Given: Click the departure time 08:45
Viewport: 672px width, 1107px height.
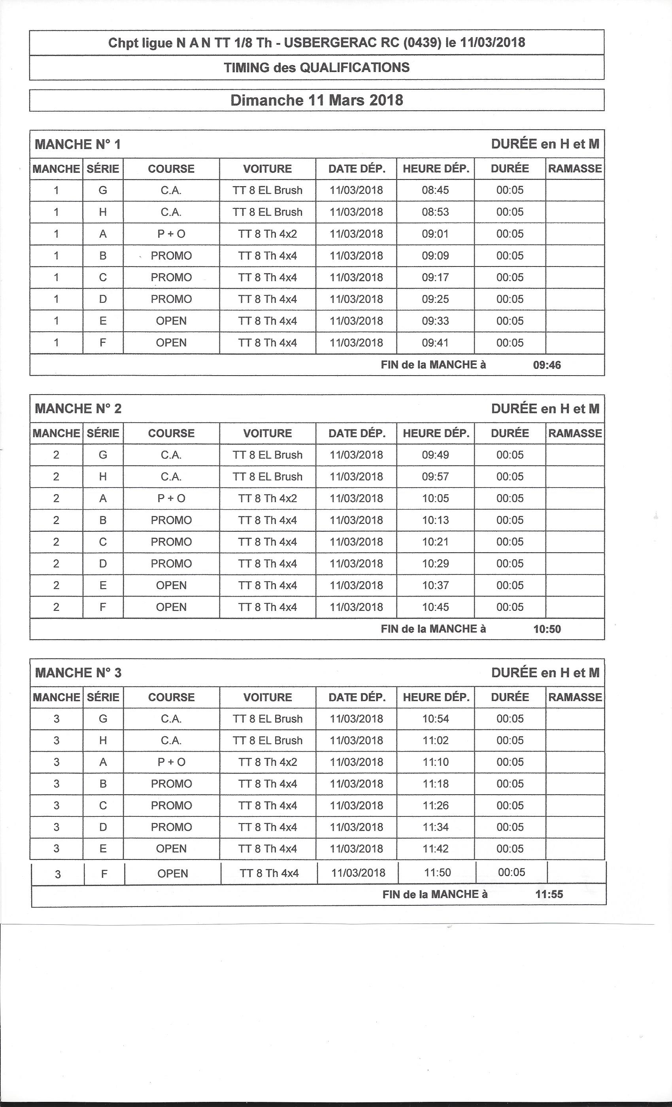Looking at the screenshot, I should click(435, 190).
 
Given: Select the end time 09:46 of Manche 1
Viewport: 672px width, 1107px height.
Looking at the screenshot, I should click(547, 365).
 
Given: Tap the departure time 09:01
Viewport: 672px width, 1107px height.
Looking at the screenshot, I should click(435, 234).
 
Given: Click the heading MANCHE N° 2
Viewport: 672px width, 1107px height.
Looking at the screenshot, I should click(78, 408).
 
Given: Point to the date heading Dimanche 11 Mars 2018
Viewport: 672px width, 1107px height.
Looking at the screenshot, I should click(316, 100).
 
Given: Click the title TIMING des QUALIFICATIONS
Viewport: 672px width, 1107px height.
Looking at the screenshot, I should click(316, 67).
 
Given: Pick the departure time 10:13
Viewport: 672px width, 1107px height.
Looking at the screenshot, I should click(435, 520).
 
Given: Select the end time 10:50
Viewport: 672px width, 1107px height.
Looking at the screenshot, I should click(547, 629).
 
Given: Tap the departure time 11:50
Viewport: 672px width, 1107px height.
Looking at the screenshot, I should click(437, 873).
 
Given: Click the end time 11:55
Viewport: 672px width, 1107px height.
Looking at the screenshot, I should click(549, 894).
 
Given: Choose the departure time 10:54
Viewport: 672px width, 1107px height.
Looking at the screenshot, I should click(435, 718).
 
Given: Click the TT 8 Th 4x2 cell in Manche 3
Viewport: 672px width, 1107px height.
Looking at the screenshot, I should click(267, 762).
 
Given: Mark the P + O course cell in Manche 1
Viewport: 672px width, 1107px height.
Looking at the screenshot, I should click(171, 234).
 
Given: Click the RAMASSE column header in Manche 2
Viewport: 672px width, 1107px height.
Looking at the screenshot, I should click(574, 433).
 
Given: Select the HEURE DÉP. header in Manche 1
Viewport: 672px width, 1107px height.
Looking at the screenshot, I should click(435, 168).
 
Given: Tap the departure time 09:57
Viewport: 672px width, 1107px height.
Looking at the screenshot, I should click(435, 476).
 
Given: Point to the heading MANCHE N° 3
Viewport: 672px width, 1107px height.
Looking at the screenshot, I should click(78, 673).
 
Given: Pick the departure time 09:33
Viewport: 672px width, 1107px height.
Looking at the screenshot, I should click(435, 321).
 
